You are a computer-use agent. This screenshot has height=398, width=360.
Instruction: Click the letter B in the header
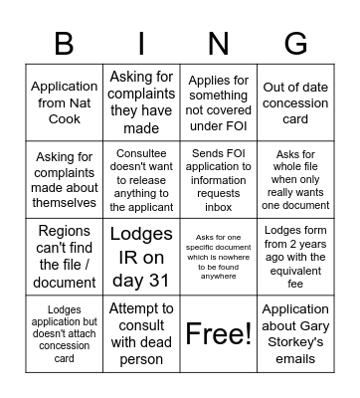64,43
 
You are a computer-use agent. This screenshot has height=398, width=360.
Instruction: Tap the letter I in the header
141,43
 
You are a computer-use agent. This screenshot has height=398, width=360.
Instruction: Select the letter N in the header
218,43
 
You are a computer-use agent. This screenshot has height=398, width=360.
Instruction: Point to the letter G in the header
295,43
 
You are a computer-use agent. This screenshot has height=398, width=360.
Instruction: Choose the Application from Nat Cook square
64,102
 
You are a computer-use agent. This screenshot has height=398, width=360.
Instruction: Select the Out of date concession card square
295,102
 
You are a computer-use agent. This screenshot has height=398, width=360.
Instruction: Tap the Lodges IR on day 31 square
141,257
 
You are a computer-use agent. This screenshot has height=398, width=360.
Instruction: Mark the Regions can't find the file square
64,257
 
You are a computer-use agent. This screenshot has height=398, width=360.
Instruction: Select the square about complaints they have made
141,102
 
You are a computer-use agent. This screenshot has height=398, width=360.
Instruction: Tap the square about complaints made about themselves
64,179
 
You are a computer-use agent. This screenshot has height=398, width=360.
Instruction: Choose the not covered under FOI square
218,102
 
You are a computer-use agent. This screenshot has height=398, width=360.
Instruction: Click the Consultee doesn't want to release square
141,179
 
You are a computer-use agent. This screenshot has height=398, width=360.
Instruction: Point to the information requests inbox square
218,179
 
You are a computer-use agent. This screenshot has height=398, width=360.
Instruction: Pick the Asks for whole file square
295,179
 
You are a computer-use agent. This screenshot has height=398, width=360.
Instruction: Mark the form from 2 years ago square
295,257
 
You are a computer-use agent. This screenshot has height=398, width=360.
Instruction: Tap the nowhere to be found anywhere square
218,257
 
